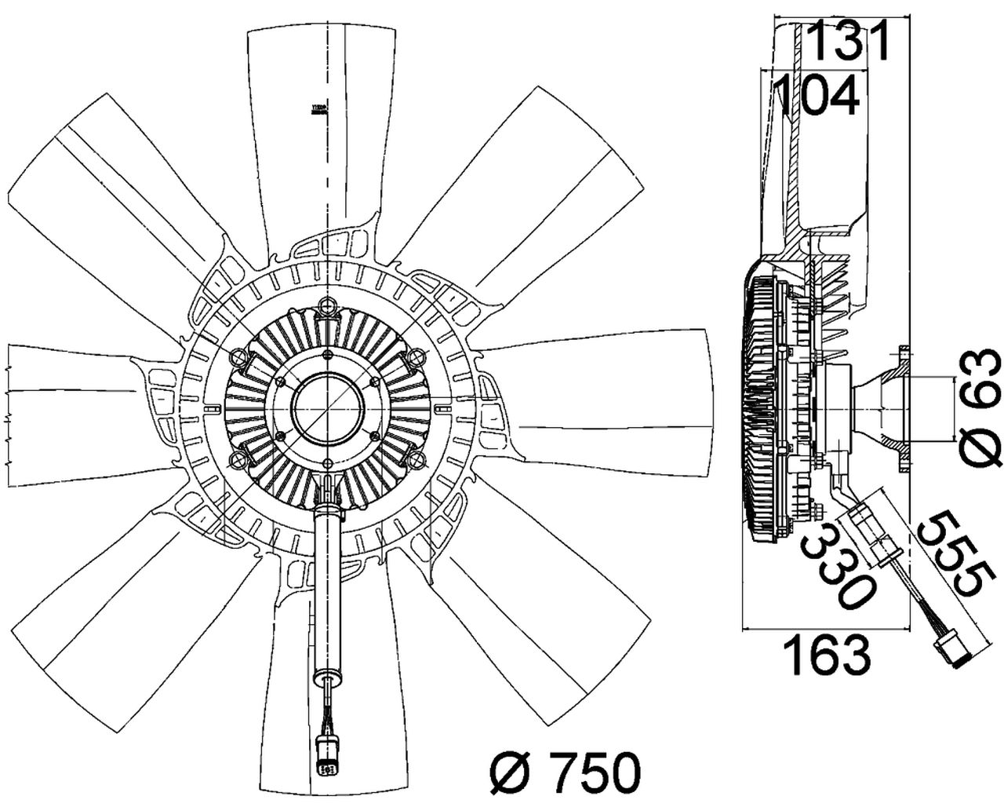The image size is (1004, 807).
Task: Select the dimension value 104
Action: click(816, 96)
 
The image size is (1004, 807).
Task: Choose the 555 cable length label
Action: click(949, 554)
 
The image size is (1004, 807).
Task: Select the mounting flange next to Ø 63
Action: click(902, 409)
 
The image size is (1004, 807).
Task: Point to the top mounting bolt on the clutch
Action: click(327, 306)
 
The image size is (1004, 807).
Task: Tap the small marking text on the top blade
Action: click(318, 109)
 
